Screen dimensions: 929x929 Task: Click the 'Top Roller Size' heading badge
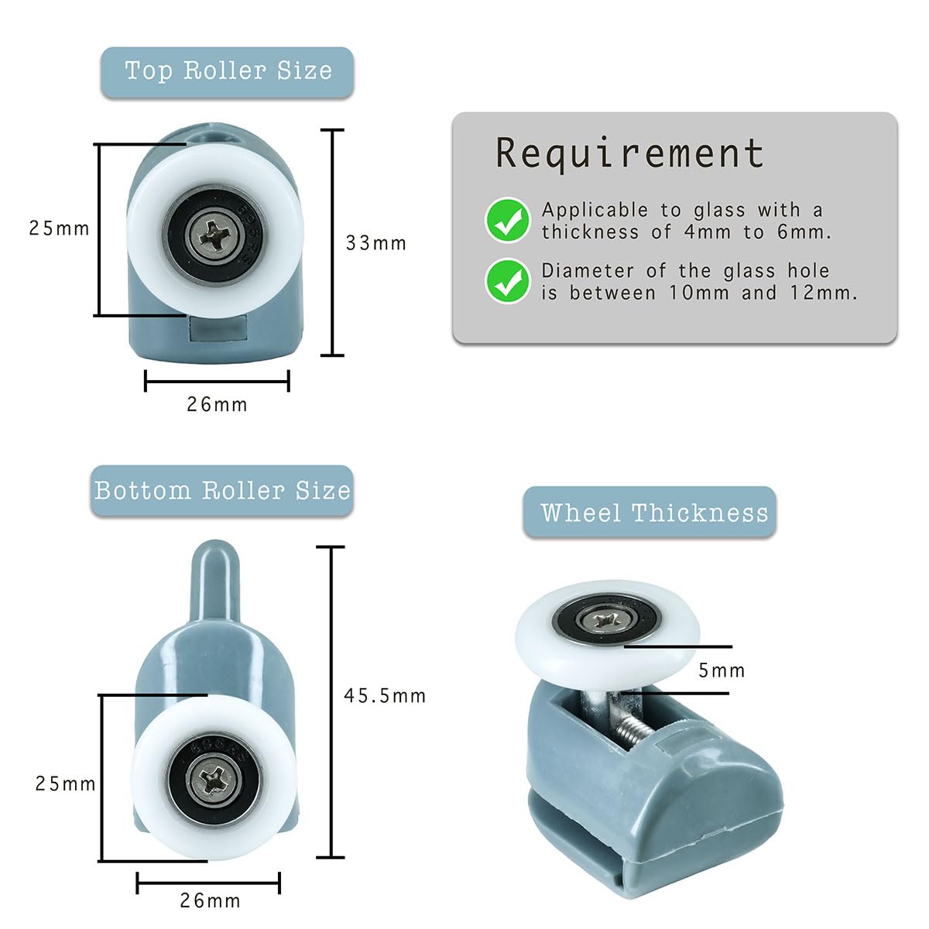227,72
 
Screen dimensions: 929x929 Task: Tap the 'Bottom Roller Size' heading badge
221,491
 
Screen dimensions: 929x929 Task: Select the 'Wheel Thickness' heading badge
650,512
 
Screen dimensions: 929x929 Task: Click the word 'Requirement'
629,153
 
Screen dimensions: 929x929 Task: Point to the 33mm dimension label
376,243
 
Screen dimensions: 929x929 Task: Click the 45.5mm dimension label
385,696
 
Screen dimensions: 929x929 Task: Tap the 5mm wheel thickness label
722,670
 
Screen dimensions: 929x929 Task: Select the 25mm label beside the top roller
60,228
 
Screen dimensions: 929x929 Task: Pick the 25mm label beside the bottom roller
66,784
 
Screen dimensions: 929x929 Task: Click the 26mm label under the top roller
217,404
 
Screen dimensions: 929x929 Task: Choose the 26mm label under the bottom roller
211,900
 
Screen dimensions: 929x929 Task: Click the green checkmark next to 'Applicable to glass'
507,220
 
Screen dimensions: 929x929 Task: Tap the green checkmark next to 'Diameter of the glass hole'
507,281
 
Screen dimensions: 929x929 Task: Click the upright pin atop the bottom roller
215,581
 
